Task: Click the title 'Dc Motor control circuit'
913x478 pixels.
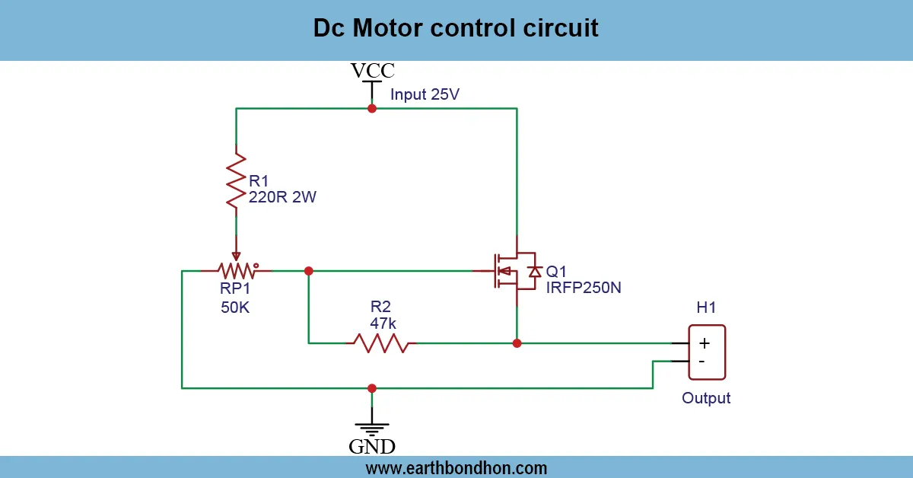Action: point(456,28)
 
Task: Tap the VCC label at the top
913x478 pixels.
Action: point(372,71)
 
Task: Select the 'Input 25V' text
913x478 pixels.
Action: point(425,95)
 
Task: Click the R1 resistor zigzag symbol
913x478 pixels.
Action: point(237,180)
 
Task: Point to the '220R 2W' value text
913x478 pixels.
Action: point(282,198)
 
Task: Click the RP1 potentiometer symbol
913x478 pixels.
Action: point(236,269)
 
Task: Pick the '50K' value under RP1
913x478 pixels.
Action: point(235,308)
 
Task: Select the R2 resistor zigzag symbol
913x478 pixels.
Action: point(380,343)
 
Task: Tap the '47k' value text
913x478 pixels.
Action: point(383,323)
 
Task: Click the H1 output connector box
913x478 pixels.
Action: point(707,352)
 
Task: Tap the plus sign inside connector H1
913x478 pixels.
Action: point(704,343)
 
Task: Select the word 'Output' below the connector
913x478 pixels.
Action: point(706,398)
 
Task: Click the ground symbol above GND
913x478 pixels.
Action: point(372,426)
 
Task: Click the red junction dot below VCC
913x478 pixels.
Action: point(372,109)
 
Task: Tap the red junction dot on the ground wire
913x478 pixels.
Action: point(372,388)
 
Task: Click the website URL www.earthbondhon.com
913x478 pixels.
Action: point(456,467)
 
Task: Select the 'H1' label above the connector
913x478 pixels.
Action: point(706,308)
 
